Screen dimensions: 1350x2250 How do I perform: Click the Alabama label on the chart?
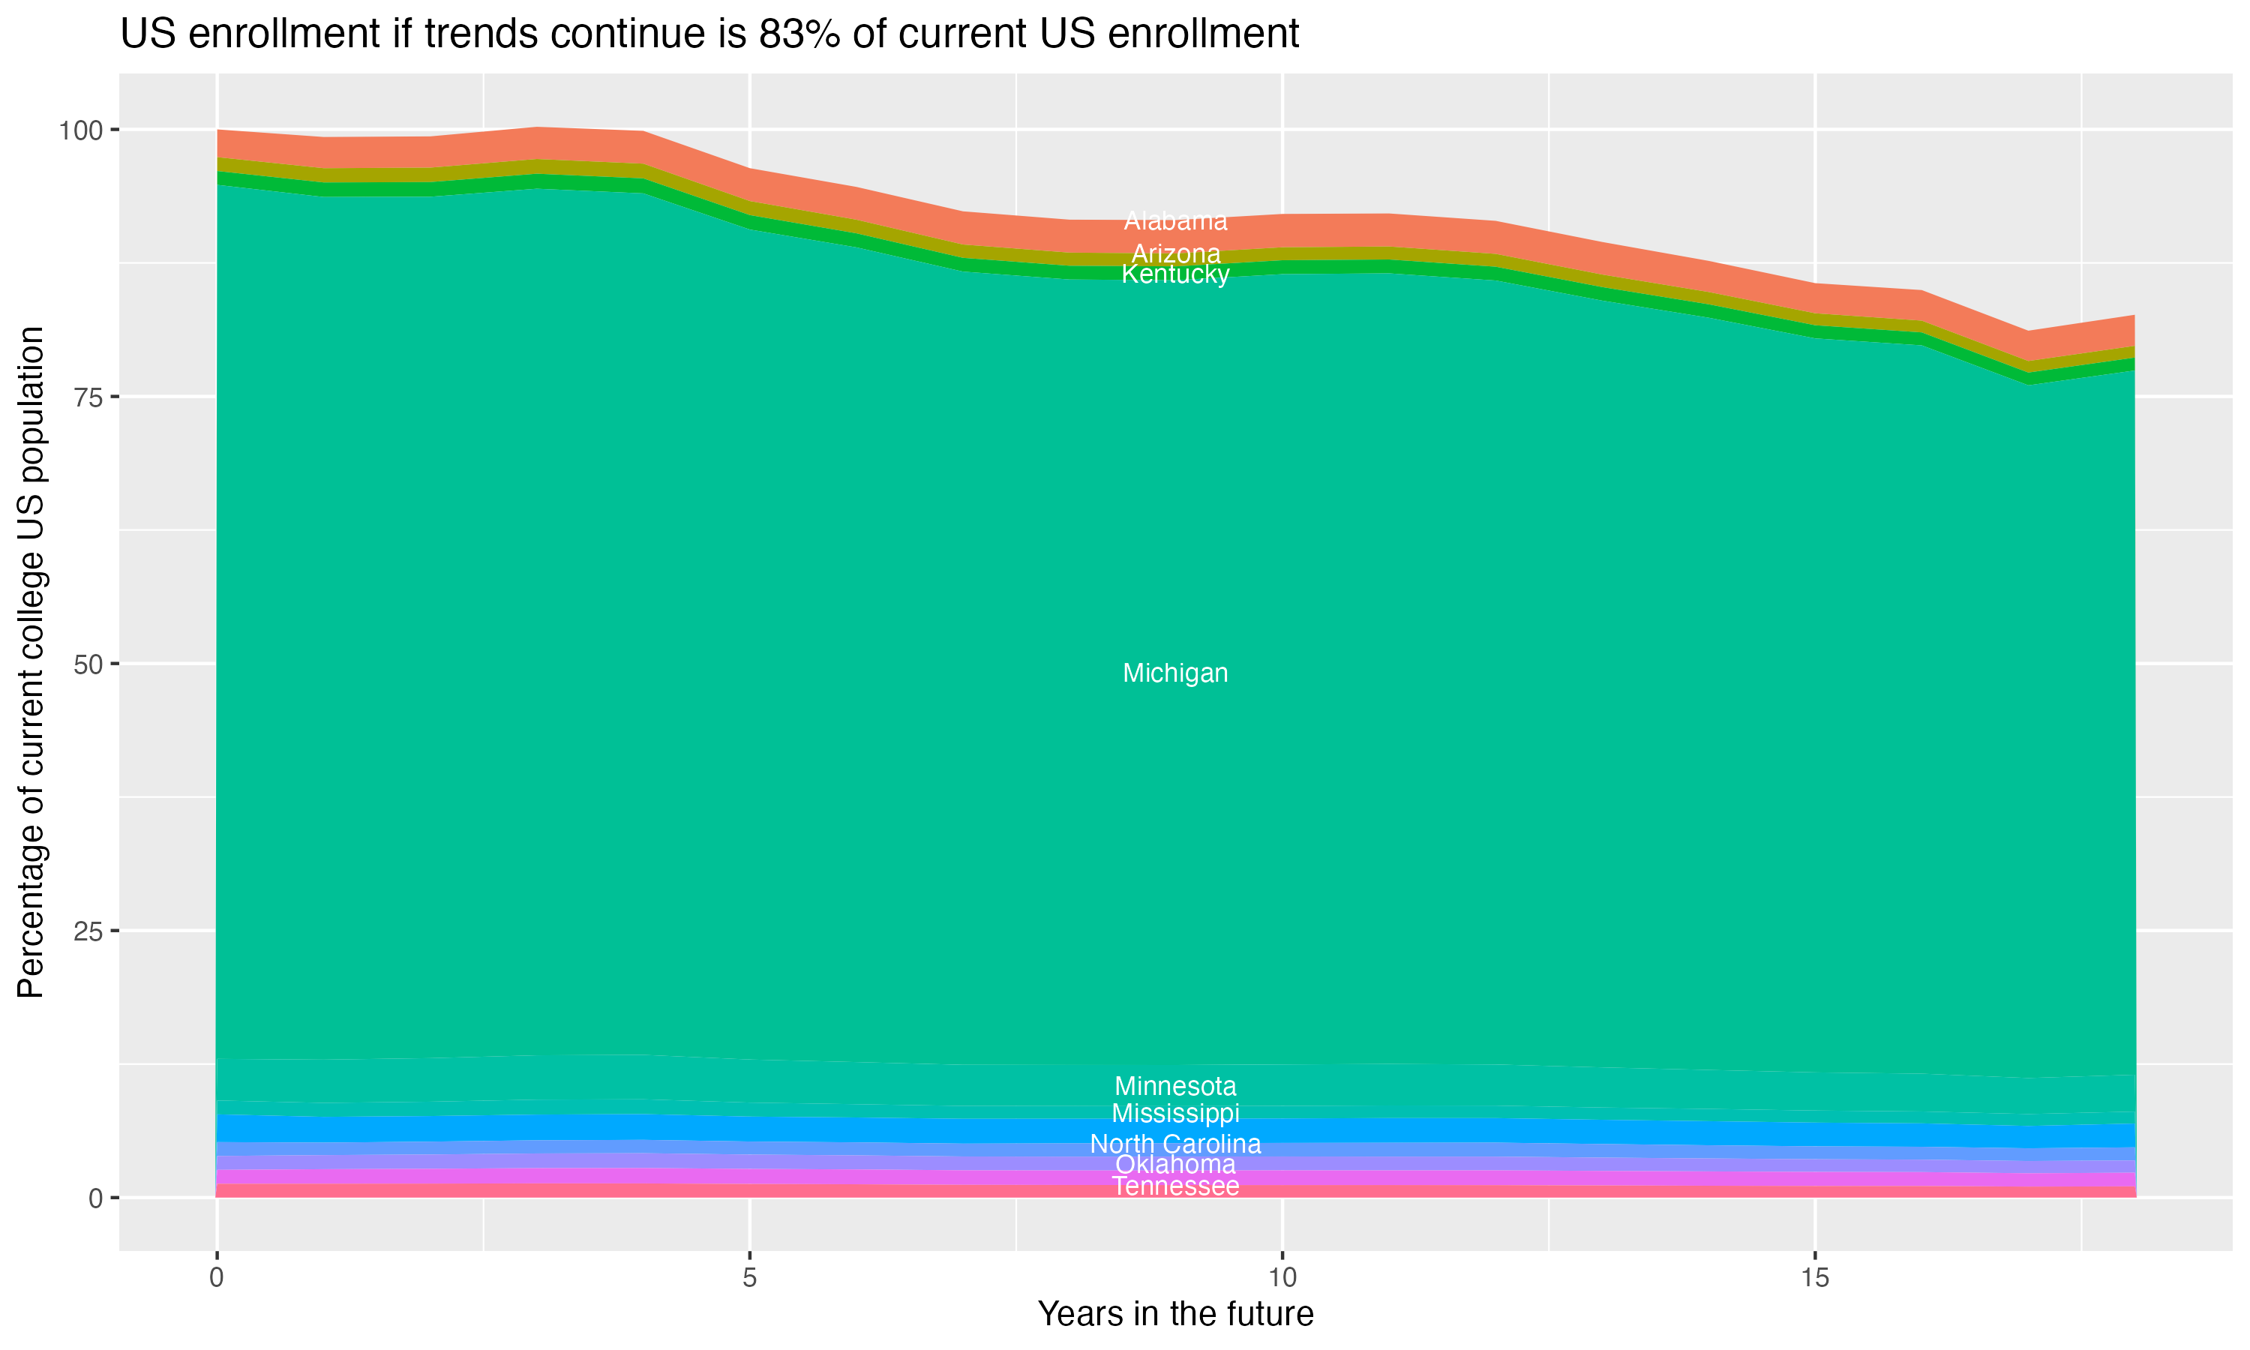click(x=1175, y=221)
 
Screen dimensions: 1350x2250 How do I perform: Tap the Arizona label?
click(x=1175, y=253)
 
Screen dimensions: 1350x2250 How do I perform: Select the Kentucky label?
click(x=1175, y=274)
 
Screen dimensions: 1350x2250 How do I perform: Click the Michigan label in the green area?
click(x=1175, y=673)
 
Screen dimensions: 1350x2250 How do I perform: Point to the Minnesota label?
click(x=1175, y=1086)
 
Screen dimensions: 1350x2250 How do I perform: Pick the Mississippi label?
click(x=1175, y=1114)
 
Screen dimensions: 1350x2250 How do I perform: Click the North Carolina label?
click(x=1175, y=1144)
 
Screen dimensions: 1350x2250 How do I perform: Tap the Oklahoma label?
click(x=1175, y=1165)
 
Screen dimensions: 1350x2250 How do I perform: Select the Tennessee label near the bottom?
click(x=1175, y=1186)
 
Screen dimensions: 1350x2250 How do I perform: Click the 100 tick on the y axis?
click(x=82, y=130)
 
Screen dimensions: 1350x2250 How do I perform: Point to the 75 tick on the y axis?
click(x=88, y=397)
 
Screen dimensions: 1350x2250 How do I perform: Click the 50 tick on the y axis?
click(x=88, y=664)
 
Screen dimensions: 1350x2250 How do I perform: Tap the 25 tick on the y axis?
click(x=88, y=931)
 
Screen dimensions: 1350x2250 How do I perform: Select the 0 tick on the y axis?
click(x=94, y=1198)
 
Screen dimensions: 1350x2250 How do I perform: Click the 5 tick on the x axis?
click(x=749, y=1278)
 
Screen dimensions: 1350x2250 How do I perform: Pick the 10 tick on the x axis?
click(x=1282, y=1278)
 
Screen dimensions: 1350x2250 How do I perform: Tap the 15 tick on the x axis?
click(x=1814, y=1278)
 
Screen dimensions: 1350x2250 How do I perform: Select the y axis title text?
click(x=31, y=662)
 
